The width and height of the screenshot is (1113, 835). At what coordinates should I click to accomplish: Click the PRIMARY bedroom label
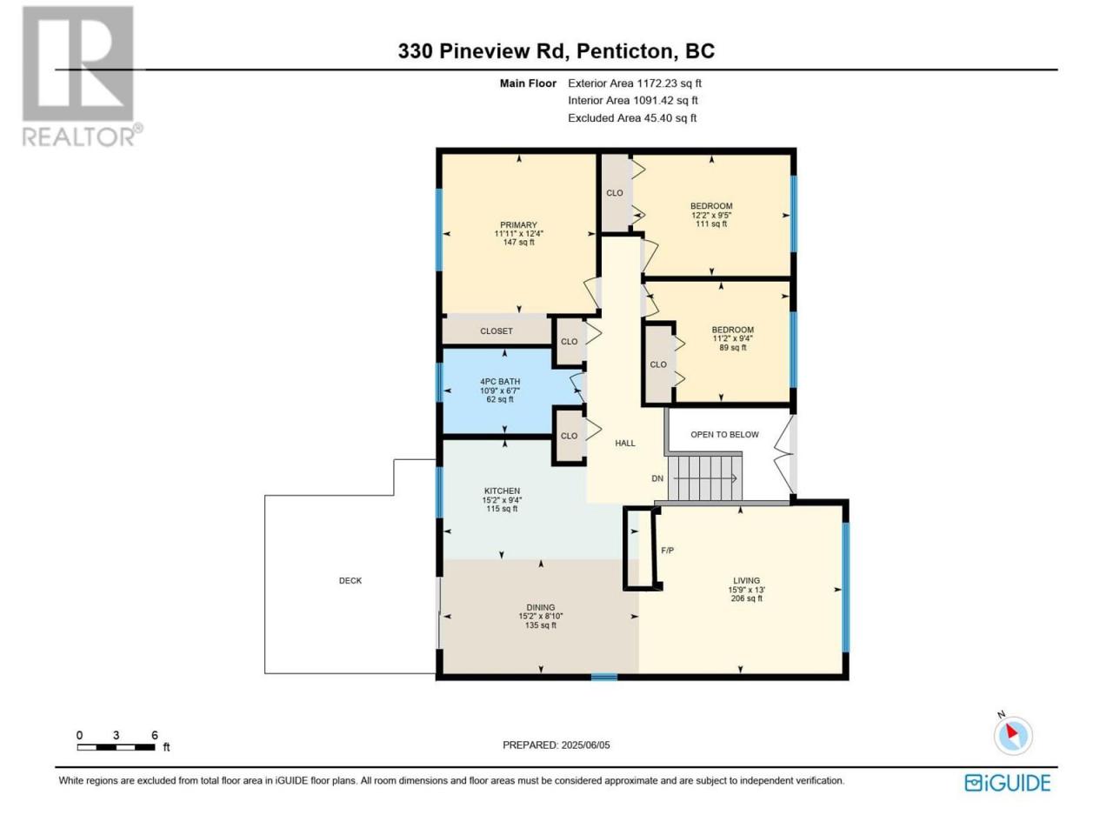517,224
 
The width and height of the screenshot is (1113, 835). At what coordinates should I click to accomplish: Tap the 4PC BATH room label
499,381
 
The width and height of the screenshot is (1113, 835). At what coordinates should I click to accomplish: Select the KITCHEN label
502,491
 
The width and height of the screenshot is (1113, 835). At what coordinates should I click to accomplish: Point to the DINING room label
540,607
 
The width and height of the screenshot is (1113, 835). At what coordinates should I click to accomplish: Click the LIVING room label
746,580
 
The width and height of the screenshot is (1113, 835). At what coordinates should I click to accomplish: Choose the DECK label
350,580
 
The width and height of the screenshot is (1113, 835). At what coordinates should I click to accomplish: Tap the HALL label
624,443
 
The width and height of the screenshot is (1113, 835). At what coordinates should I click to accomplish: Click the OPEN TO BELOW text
724,434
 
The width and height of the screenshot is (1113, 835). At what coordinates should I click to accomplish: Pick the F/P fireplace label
667,550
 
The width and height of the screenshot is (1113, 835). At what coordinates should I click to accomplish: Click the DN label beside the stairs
656,478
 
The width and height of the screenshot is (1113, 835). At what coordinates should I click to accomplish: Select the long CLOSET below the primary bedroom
496,331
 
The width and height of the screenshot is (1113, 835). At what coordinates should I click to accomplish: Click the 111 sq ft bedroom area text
711,224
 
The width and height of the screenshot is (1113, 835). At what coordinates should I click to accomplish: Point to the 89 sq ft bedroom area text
732,347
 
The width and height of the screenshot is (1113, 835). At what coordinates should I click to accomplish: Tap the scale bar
117,747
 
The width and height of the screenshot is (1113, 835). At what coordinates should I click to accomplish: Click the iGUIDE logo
1007,783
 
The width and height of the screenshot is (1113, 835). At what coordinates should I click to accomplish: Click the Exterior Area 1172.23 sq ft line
635,83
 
